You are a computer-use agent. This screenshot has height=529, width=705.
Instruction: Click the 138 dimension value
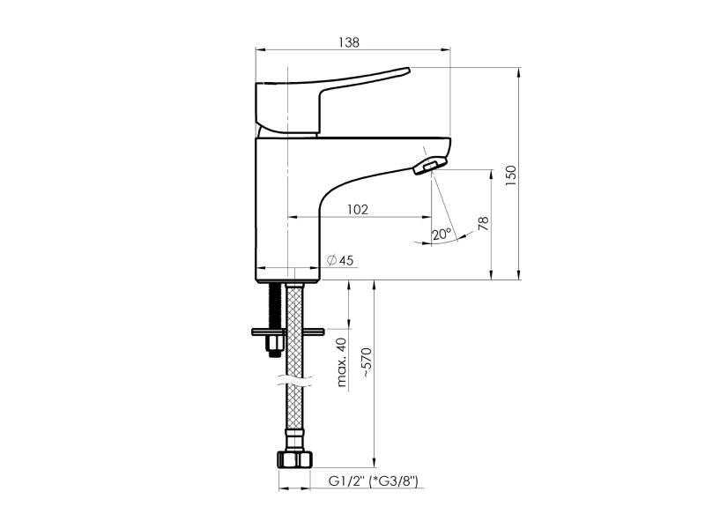coord(349,42)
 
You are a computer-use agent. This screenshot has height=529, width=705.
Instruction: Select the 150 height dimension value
coord(511,175)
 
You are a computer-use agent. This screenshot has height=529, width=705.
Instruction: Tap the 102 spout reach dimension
coord(358,210)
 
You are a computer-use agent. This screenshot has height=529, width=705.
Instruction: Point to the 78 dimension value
coord(483,224)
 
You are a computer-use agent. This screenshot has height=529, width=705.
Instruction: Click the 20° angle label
coord(442,234)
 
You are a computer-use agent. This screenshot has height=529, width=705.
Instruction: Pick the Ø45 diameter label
coord(340,260)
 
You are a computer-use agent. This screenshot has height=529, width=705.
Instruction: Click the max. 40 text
coord(342,362)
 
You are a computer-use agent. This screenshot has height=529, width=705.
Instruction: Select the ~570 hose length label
coord(367,362)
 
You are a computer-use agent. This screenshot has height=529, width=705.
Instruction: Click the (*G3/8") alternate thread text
coord(393,481)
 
